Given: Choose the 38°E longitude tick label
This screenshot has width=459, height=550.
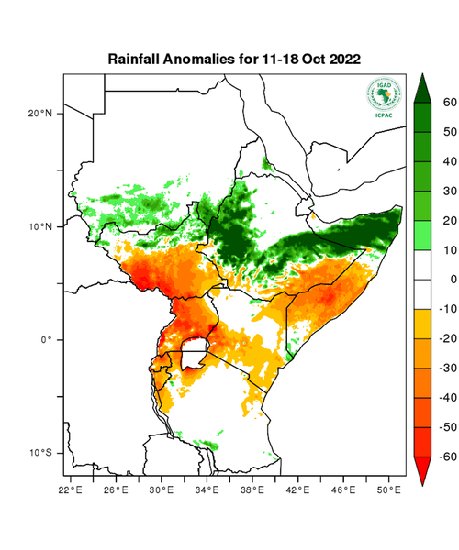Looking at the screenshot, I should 253,490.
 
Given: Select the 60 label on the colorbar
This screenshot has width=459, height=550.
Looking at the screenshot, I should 449,103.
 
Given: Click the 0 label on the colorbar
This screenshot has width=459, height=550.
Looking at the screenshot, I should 451,279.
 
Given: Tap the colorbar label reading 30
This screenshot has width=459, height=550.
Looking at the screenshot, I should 449,191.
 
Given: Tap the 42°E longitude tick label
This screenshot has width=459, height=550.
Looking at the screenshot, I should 298,490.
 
